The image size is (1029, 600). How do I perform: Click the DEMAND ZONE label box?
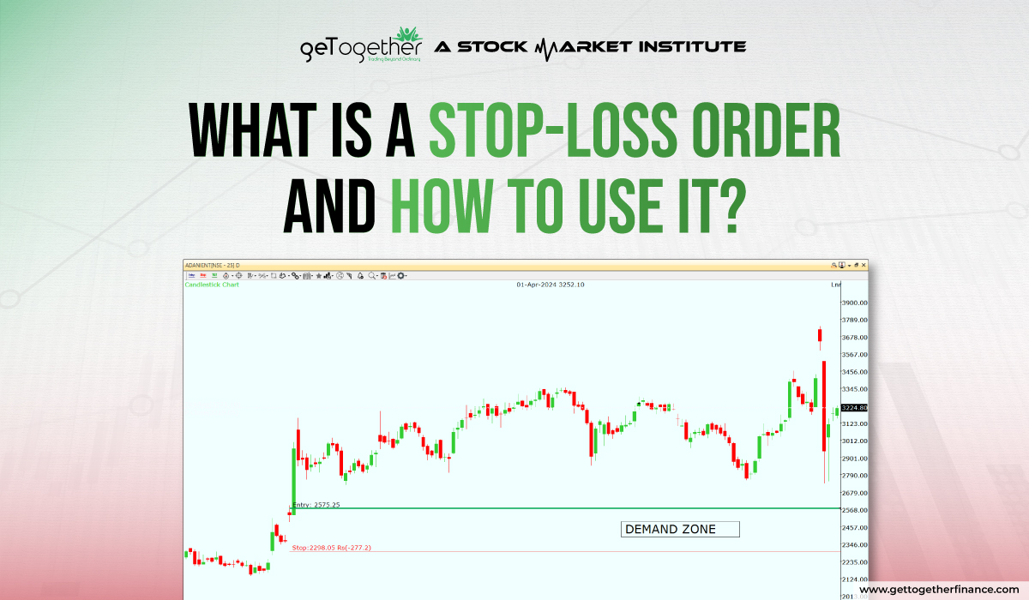679,529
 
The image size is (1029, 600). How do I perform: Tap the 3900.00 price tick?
854,303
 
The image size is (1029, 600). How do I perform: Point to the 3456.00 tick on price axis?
854,372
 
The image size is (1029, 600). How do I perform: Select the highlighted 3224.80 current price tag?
854,408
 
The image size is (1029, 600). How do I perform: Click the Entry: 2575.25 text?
316,505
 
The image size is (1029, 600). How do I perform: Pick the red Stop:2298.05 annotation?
331,547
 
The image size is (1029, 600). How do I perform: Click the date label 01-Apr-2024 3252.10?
550,285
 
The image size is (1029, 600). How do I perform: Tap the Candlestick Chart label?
212,285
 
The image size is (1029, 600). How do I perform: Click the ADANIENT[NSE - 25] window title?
213,265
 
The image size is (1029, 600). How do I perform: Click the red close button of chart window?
864,265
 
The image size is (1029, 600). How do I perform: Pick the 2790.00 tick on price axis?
854,476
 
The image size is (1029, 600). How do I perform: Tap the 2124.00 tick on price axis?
854,579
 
